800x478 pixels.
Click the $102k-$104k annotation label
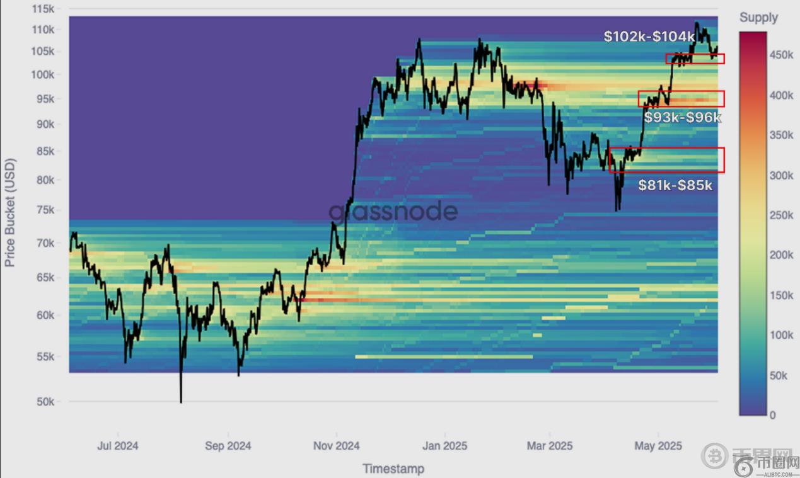tap(649, 37)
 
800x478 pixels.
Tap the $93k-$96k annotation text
tap(683, 117)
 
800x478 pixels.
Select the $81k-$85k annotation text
tap(675, 185)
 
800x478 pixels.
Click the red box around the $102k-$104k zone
tap(695, 59)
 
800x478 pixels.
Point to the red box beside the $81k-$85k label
tap(666, 160)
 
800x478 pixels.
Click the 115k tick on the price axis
tap(43, 9)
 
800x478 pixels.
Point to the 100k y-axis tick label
tap(43, 75)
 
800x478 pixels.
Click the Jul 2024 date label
tap(118, 446)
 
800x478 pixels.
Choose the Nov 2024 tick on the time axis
tap(337, 446)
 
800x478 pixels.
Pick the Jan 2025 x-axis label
tap(445, 446)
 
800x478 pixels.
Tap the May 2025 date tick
tap(658, 446)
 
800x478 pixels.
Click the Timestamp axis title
tap(393, 468)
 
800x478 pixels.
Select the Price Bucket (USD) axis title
tap(10, 212)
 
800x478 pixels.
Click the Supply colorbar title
tap(758, 18)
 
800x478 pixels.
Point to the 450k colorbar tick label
tap(781, 55)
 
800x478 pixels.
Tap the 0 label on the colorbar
tap(772, 415)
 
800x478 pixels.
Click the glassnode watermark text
tap(393, 212)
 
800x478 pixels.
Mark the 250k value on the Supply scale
tap(781, 215)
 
